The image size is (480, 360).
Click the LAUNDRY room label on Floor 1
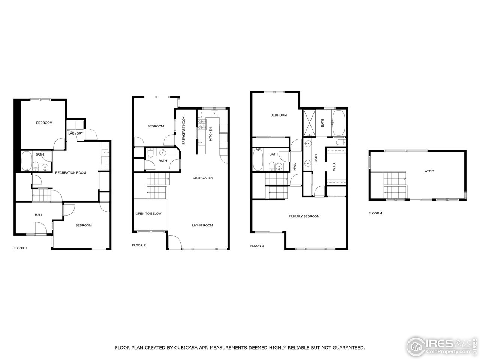pyautogui.click(x=76, y=133)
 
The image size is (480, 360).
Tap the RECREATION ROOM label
pyautogui.click(x=70, y=173)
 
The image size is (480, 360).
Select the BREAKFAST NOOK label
pyautogui.click(x=184, y=131)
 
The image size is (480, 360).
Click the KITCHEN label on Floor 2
pyautogui.click(x=211, y=134)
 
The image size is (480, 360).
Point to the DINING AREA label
pyautogui.click(x=203, y=178)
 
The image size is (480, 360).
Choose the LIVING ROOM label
pyautogui.click(x=202, y=225)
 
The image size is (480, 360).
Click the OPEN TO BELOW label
pyautogui.click(x=148, y=214)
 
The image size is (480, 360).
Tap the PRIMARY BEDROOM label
pyautogui.click(x=304, y=216)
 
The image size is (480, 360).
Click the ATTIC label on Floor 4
pyautogui.click(x=429, y=171)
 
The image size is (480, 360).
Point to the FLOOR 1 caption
pyautogui.click(x=20, y=248)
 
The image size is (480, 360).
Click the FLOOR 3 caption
pyautogui.click(x=257, y=246)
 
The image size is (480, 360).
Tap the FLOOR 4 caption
pyautogui.click(x=375, y=213)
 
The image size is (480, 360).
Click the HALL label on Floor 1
pyautogui.click(x=39, y=215)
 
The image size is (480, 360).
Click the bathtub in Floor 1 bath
pyautogui.click(x=26, y=161)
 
